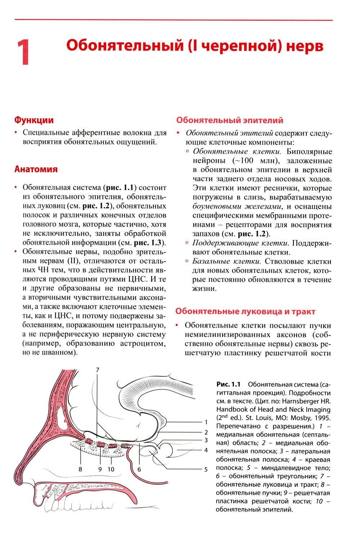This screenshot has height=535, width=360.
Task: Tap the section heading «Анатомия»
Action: tap(36, 169)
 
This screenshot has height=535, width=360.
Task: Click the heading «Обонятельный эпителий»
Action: tap(230, 120)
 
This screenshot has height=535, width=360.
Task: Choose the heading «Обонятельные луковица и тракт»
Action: tap(246, 311)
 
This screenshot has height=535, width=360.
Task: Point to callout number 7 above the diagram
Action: tap(97, 370)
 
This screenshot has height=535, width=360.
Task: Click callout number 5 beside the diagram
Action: tap(206, 469)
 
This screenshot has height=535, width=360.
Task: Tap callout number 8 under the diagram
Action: tap(80, 469)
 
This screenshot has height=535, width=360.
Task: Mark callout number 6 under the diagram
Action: tap(139, 469)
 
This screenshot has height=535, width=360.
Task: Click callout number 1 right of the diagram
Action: tap(206, 422)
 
